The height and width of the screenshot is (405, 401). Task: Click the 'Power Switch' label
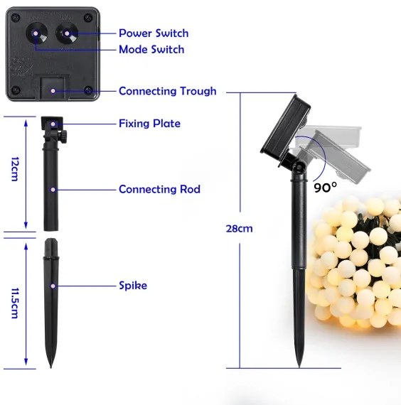click(154, 33)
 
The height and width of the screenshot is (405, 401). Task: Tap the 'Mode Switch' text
click(151, 49)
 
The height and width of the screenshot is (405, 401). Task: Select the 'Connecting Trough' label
click(168, 91)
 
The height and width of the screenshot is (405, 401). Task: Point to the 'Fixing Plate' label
click(149, 124)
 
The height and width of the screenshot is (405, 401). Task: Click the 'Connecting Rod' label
click(159, 189)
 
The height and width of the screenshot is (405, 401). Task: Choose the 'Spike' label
click(133, 286)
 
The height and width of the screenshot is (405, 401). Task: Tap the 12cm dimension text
click(15, 169)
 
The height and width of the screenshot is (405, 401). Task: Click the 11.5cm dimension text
click(15, 303)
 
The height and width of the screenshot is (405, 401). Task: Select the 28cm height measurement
click(239, 229)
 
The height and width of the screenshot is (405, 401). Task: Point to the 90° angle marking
click(326, 188)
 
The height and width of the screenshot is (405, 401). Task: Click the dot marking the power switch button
click(67, 33)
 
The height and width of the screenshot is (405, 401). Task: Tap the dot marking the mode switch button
click(36, 33)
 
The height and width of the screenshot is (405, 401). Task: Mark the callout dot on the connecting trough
click(53, 91)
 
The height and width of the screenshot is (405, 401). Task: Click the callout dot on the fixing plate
click(53, 124)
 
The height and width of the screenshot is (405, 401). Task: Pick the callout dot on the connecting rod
click(53, 190)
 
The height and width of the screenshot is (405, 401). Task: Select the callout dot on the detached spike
click(53, 286)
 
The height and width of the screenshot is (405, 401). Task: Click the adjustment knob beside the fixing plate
click(63, 135)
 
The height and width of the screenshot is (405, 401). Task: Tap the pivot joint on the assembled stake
click(299, 168)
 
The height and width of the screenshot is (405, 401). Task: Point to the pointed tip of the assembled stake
click(299, 367)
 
